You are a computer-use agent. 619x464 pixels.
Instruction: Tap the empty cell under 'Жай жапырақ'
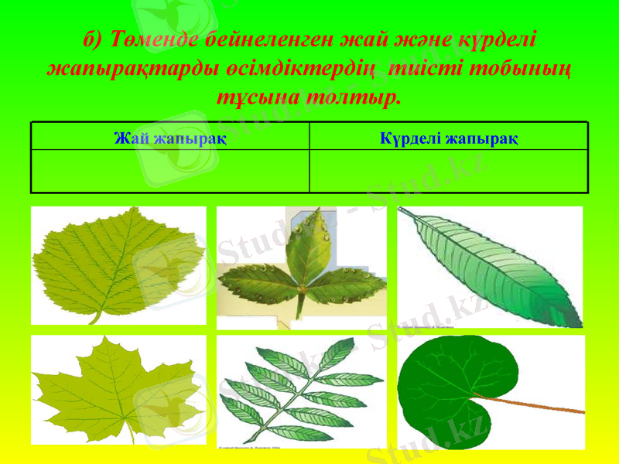pos(170,171)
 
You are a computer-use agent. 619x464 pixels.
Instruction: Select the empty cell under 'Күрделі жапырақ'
pos(450,171)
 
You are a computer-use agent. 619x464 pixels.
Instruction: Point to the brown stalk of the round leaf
pos(542,404)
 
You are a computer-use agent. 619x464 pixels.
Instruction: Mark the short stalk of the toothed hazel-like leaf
pos(96,317)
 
